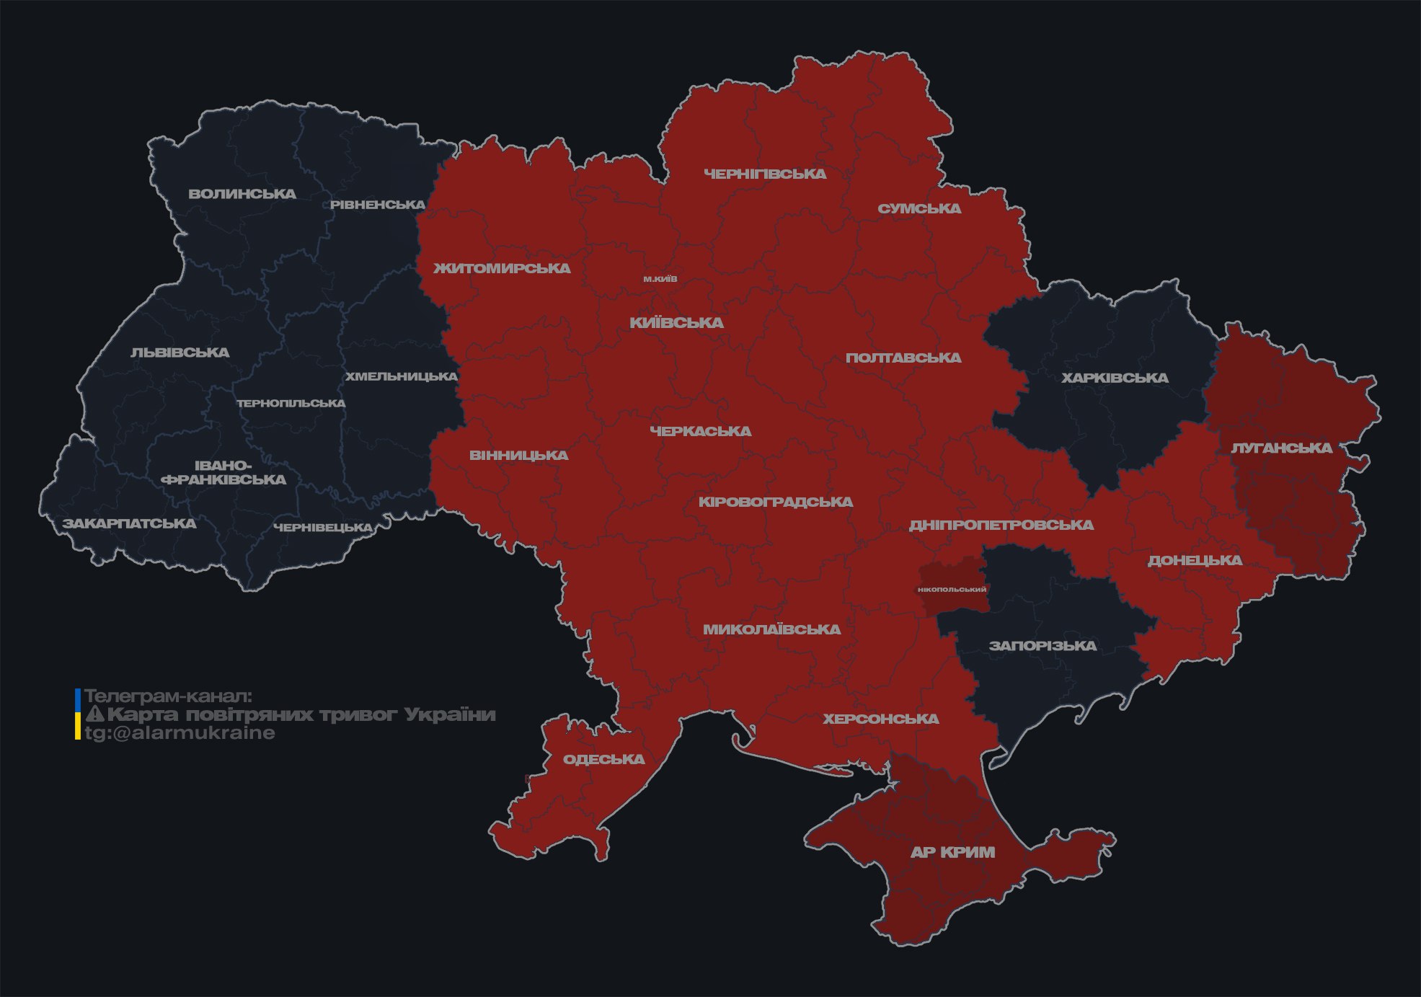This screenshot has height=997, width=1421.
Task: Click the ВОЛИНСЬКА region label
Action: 242,194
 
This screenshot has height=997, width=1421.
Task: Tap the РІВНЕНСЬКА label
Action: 378,205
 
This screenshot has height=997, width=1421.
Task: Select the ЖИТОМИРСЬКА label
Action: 502,268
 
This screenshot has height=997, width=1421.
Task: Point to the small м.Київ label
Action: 660,279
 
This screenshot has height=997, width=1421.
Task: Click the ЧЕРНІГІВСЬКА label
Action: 765,174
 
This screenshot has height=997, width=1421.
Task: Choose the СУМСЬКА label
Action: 919,208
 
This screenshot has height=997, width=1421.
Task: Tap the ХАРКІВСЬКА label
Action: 1115,378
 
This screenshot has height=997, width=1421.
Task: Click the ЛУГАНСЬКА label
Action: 1281,448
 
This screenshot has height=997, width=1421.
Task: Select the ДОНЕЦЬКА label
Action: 1195,560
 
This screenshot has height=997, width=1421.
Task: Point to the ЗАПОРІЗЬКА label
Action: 1042,646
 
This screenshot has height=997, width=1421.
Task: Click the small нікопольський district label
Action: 952,589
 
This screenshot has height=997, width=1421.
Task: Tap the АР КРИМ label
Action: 952,852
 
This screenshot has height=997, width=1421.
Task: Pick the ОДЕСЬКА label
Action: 603,759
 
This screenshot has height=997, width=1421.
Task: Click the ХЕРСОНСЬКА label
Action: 881,719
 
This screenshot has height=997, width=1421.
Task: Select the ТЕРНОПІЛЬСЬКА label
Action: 291,403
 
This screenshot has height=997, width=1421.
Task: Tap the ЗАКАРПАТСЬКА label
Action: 129,523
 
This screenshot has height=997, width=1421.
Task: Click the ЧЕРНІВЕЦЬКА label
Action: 323,528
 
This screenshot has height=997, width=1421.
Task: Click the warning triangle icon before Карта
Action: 94,714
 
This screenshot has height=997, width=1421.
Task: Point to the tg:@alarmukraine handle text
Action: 180,732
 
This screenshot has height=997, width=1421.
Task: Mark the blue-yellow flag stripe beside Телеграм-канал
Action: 78,714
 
